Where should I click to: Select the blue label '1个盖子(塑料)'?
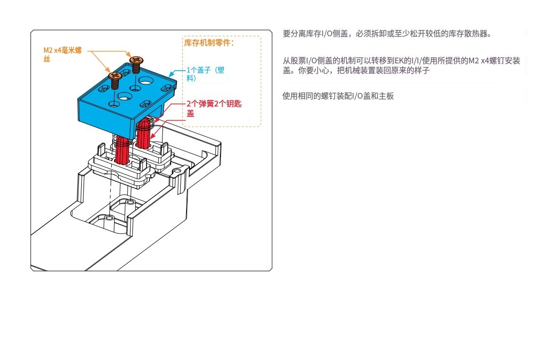205,74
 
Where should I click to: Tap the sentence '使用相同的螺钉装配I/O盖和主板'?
338,96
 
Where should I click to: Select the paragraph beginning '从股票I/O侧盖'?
401,65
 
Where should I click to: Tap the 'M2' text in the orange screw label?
48,50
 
